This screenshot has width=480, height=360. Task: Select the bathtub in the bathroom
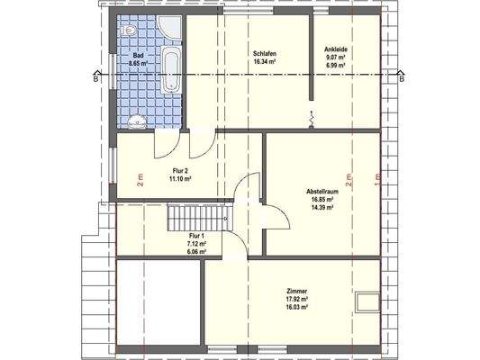click(170, 72)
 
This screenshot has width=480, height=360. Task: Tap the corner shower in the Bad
click(169, 28)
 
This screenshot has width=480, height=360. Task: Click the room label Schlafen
click(264, 54)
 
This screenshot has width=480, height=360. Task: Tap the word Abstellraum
click(322, 192)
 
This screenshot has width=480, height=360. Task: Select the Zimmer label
click(297, 291)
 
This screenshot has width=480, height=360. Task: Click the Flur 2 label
click(181, 170)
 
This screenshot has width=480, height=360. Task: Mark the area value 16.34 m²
click(264, 62)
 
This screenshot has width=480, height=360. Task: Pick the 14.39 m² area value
click(322, 208)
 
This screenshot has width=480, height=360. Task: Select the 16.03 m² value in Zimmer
click(297, 307)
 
